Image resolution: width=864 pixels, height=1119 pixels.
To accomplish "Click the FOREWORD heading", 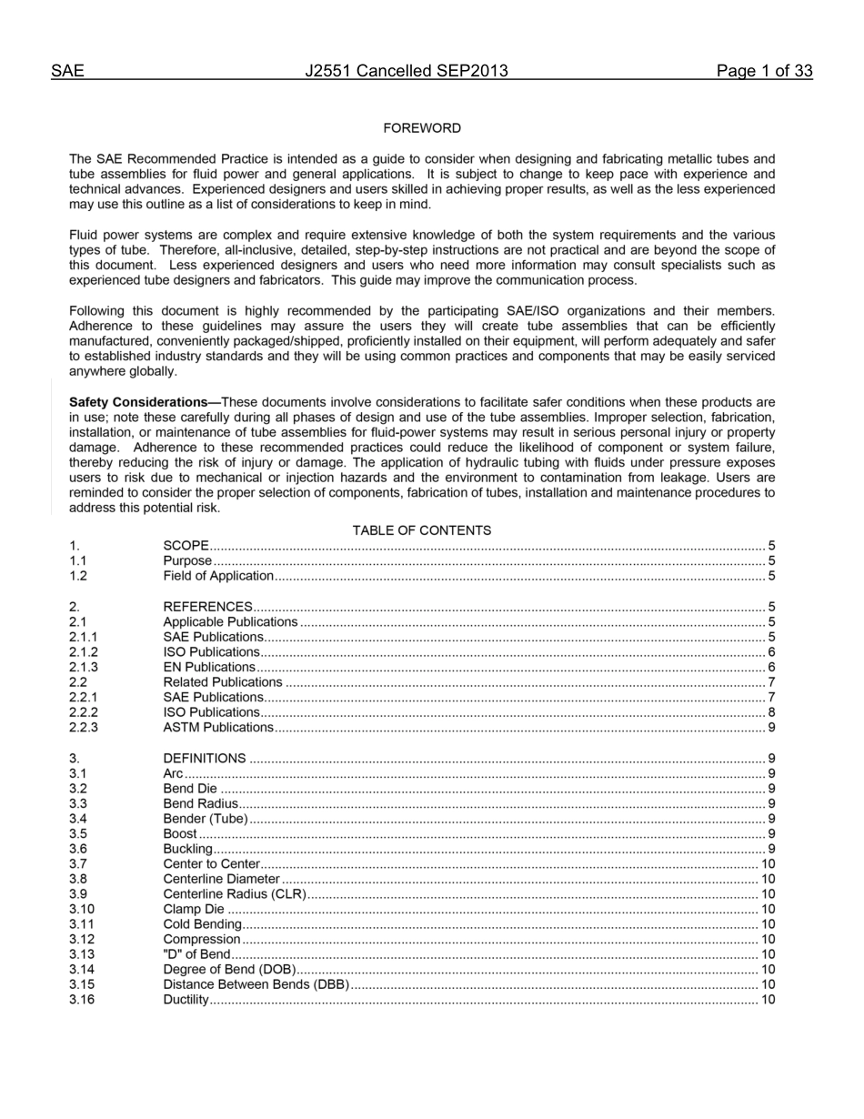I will coord(422,128).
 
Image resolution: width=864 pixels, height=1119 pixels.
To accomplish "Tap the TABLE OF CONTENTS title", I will coord(422,530).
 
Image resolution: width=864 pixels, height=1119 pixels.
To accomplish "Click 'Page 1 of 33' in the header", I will coord(764,72).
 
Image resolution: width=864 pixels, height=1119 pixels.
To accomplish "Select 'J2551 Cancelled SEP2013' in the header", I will coord(407,72).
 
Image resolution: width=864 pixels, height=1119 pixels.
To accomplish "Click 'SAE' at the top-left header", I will coord(67,72).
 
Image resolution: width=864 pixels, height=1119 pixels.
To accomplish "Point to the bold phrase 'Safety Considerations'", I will coord(145,402).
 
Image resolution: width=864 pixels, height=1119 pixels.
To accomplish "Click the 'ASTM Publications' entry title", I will coord(218,728).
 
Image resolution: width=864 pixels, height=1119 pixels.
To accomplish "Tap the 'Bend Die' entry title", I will coord(190,789).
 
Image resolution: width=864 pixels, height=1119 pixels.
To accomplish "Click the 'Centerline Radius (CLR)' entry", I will coord(235,894).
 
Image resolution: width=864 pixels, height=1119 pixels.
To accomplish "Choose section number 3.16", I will coord(82,1000).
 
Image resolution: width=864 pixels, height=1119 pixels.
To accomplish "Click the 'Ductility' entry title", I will coord(186,1000).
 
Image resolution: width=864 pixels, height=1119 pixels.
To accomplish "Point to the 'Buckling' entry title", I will coord(188,849).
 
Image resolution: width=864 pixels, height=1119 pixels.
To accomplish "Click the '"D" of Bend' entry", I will coord(196,954).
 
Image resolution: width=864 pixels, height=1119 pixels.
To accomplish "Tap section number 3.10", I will coord(82,909).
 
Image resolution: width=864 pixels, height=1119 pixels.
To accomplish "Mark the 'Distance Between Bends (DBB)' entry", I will coord(256,985).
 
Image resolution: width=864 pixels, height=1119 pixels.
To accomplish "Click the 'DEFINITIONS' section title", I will coord(205,758).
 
